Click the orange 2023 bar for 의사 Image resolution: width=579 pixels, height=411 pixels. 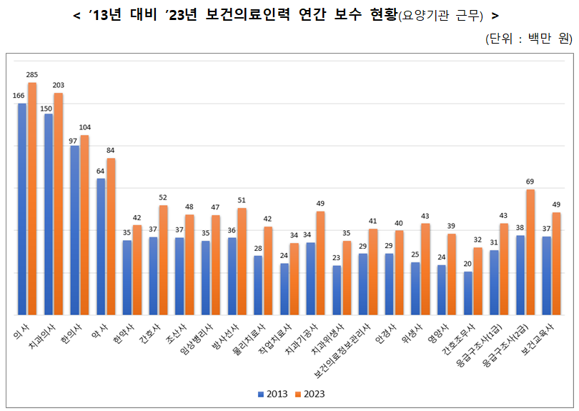[32, 199]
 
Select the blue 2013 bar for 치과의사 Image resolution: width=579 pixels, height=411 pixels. [49, 214]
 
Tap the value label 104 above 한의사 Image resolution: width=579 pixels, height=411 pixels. [84, 127]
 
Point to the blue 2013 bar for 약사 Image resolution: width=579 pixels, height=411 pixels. [101, 247]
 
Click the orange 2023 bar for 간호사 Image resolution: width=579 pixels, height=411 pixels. [163, 260]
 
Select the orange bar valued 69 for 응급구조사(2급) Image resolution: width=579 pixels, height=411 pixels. [530, 252]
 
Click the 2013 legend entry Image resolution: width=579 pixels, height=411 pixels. [273, 394]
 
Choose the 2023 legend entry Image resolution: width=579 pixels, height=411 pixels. [310, 394]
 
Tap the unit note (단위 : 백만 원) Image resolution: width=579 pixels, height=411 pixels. [529, 38]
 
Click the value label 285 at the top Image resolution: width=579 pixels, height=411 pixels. [31, 75]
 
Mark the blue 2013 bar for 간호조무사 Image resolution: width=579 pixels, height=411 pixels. [468, 294]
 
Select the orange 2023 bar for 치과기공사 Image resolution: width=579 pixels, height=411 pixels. [320, 263]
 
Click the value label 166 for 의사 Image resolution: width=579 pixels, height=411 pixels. [19, 96]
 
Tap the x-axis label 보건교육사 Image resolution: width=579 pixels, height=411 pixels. [538, 339]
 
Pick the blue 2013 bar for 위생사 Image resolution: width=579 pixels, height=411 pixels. [415, 289]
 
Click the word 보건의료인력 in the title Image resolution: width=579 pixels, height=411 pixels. [247, 15]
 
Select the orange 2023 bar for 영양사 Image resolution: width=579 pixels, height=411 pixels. [452, 274]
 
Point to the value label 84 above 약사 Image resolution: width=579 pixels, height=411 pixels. [110, 151]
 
